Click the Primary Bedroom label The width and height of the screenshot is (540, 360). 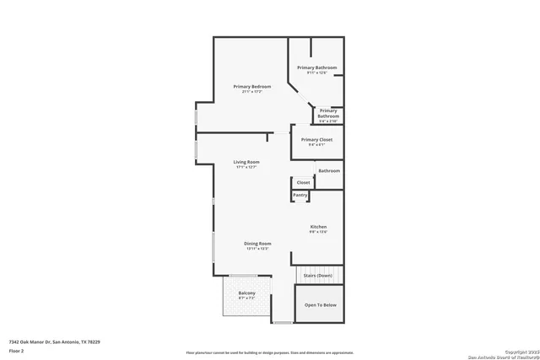pyautogui.click(x=251, y=87)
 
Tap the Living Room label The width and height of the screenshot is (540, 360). pyautogui.click(x=246, y=162)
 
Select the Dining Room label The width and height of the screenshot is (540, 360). pyautogui.click(x=257, y=243)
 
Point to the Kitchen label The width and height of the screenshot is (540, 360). pyautogui.click(x=318, y=227)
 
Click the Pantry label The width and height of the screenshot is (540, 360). pyautogui.click(x=300, y=195)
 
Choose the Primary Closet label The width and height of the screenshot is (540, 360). pyautogui.click(x=316, y=139)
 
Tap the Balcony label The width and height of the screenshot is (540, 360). pyautogui.click(x=246, y=293)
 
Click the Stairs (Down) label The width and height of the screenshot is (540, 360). pyautogui.click(x=319, y=275)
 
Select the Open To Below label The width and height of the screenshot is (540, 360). pyautogui.click(x=321, y=305)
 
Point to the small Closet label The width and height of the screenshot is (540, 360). pyautogui.click(x=303, y=182)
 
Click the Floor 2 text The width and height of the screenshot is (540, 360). pyautogui.click(x=16, y=350)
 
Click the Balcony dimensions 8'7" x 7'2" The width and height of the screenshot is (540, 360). pyautogui.click(x=246, y=298)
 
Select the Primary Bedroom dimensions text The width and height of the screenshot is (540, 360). pyautogui.click(x=251, y=92)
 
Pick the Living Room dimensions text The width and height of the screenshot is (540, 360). pyautogui.click(x=246, y=167)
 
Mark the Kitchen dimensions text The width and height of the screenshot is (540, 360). pyautogui.click(x=318, y=232)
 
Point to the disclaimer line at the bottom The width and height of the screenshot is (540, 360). pyautogui.click(x=270, y=352)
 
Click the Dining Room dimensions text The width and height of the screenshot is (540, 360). pyautogui.click(x=257, y=249)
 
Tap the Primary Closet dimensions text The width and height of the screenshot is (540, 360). pyautogui.click(x=316, y=145)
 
